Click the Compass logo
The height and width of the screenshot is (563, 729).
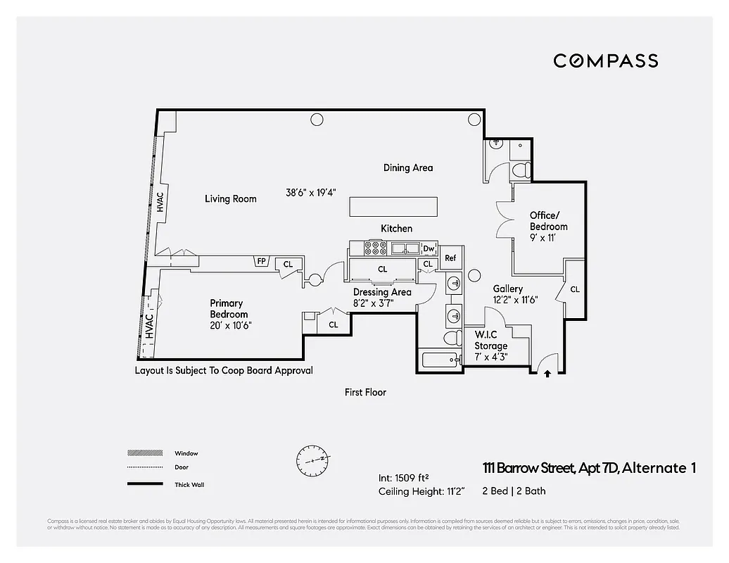[x=605, y=61]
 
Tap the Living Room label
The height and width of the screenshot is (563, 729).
[x=230, y=199]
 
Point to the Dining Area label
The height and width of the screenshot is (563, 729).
[x=407, y=167]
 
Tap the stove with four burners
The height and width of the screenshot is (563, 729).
[x=375, y=248]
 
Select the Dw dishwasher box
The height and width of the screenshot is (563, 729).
[x=429, y=248]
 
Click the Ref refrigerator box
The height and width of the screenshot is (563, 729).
[x=450, y=258]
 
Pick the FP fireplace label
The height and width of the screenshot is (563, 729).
[x=261, y=262]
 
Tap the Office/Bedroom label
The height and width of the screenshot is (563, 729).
[x=548, y=220]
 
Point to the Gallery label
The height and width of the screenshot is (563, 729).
[x=507, y=289]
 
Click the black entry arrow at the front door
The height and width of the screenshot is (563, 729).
[x=547, y=374]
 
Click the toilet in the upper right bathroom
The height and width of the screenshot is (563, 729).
[x=520, y=170]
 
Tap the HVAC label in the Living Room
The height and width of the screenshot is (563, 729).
[x=160, y=202]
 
